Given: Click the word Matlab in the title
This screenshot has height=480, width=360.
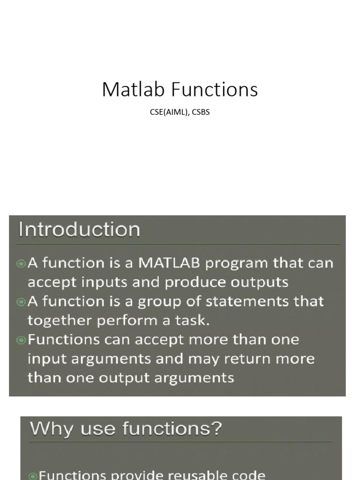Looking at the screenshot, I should (x=128, y=90).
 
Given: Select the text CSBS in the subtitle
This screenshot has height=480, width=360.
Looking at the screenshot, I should (x=201, y=112).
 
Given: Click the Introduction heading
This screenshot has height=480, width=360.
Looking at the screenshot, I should (x=79, y=230).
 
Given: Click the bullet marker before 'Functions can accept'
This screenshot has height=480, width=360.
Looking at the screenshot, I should (x=22, y=340).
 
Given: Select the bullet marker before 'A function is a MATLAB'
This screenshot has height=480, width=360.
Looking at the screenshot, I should (x=22, y=264).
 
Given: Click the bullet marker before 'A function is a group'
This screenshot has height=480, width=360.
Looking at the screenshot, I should (x=22, y=302).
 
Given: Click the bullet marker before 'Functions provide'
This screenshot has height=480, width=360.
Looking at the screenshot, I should (x=33, y=476).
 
